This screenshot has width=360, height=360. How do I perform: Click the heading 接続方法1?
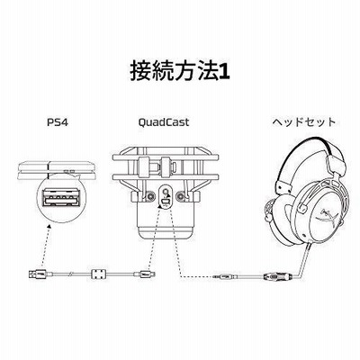point(180,71)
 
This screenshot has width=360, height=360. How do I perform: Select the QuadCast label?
point(164,122)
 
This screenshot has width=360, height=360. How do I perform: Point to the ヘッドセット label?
point(304,122)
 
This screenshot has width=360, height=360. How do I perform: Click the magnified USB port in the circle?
point(61,198)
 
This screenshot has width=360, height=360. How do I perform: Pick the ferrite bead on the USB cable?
point(98,274)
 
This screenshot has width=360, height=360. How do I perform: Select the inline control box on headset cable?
point(276,275)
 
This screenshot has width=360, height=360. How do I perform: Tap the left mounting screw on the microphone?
point(149,196)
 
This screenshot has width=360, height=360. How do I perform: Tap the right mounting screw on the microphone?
point(181,196)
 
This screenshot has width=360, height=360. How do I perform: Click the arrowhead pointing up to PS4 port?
point(49,227)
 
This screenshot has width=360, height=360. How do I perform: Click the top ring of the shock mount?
point(166,157)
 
